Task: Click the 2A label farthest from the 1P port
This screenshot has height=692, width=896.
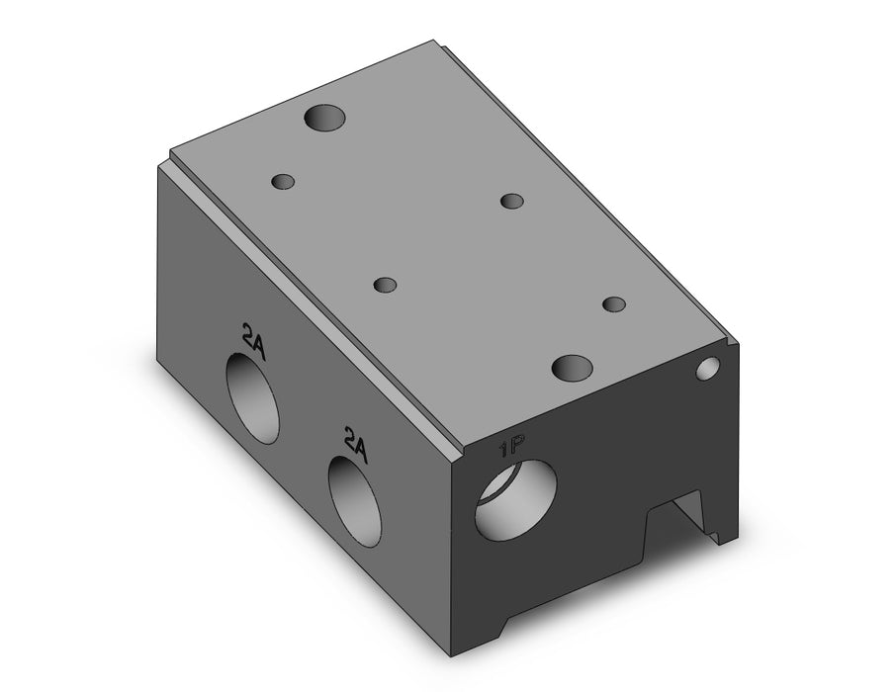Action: click(254, 341)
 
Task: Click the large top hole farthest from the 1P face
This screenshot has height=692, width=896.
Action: click(324, 118)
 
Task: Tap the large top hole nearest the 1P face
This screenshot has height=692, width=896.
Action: click(572, 369)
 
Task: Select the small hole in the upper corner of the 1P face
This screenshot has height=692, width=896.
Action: click(707, 369)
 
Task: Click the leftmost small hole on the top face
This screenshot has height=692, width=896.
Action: click(283, 182)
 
